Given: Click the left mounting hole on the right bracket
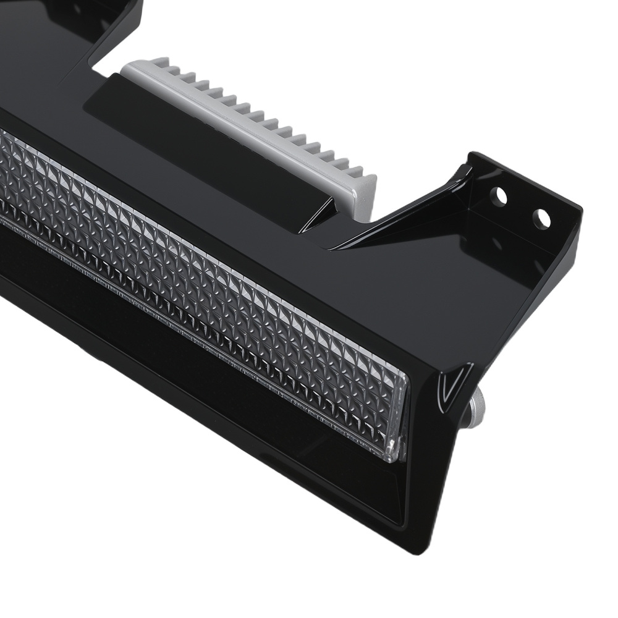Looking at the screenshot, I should point(498,197).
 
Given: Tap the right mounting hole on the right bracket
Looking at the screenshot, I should point(541,218).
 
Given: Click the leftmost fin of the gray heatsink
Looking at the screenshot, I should point(159,63).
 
